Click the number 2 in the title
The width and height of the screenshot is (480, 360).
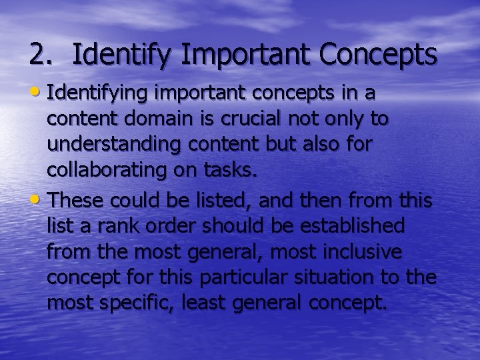38,55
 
